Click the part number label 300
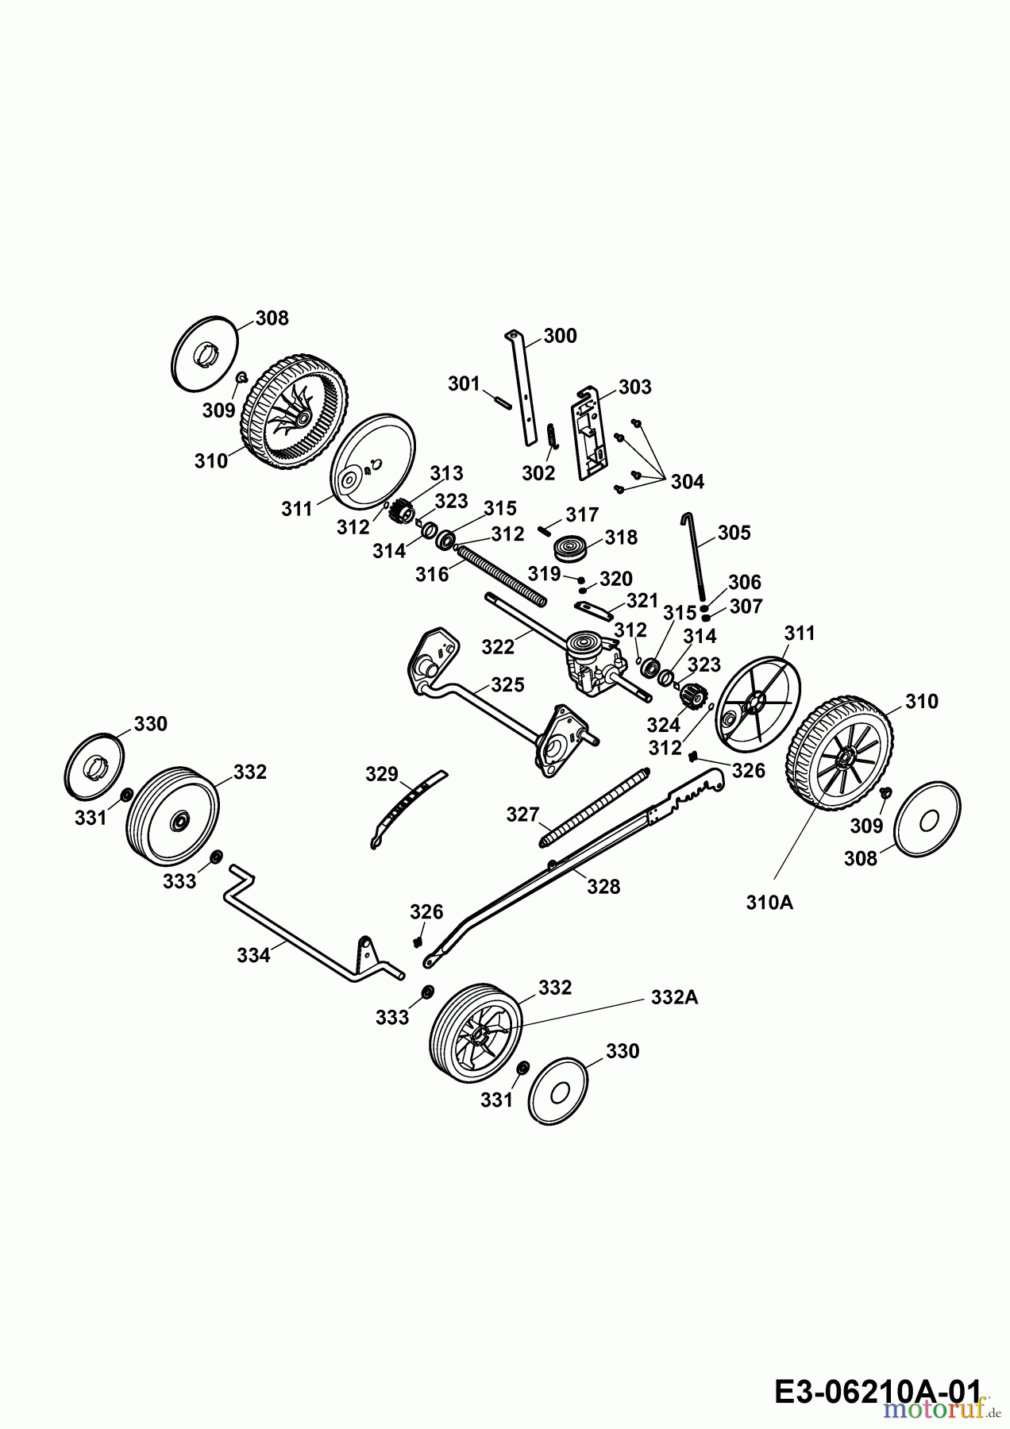point(561,336)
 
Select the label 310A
point(769,903)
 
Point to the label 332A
point(674,997)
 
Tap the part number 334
point(253,956)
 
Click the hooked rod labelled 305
point(696,556)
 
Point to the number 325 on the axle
point(507,684)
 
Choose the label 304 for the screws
point(687,482)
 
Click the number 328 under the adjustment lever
point(603,886)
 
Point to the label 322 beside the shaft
point(498,647)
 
